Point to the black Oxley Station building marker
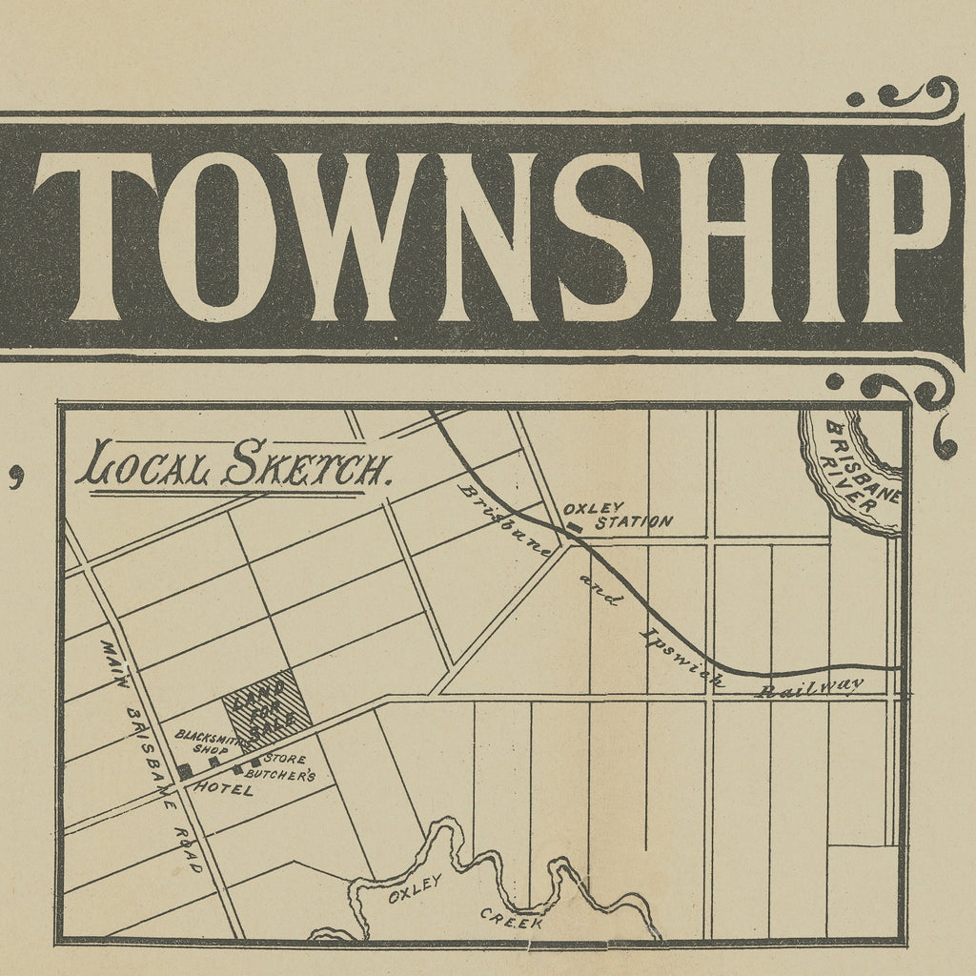coord(574,525)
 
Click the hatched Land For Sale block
coord(267,709)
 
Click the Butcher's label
coord(281,776)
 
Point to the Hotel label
coord(224,790)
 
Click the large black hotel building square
coord(184,771)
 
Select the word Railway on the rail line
coord(809,687)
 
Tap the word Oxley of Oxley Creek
coord(416,893)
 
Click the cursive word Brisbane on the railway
coord(505,520)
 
